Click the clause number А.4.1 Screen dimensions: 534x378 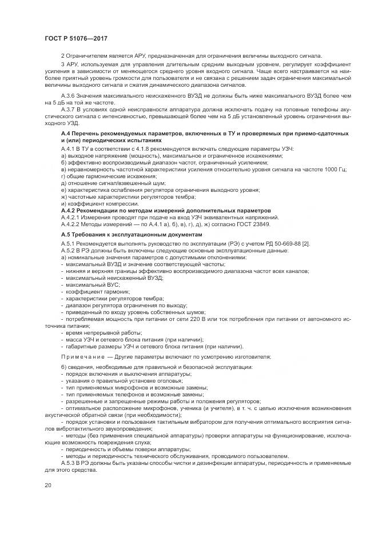[69, 148]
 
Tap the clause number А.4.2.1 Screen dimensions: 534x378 [71, 217]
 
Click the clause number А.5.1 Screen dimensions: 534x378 [69, 244]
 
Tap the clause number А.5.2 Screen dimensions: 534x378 [69, 251]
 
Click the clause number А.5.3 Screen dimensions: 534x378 [69, 462]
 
